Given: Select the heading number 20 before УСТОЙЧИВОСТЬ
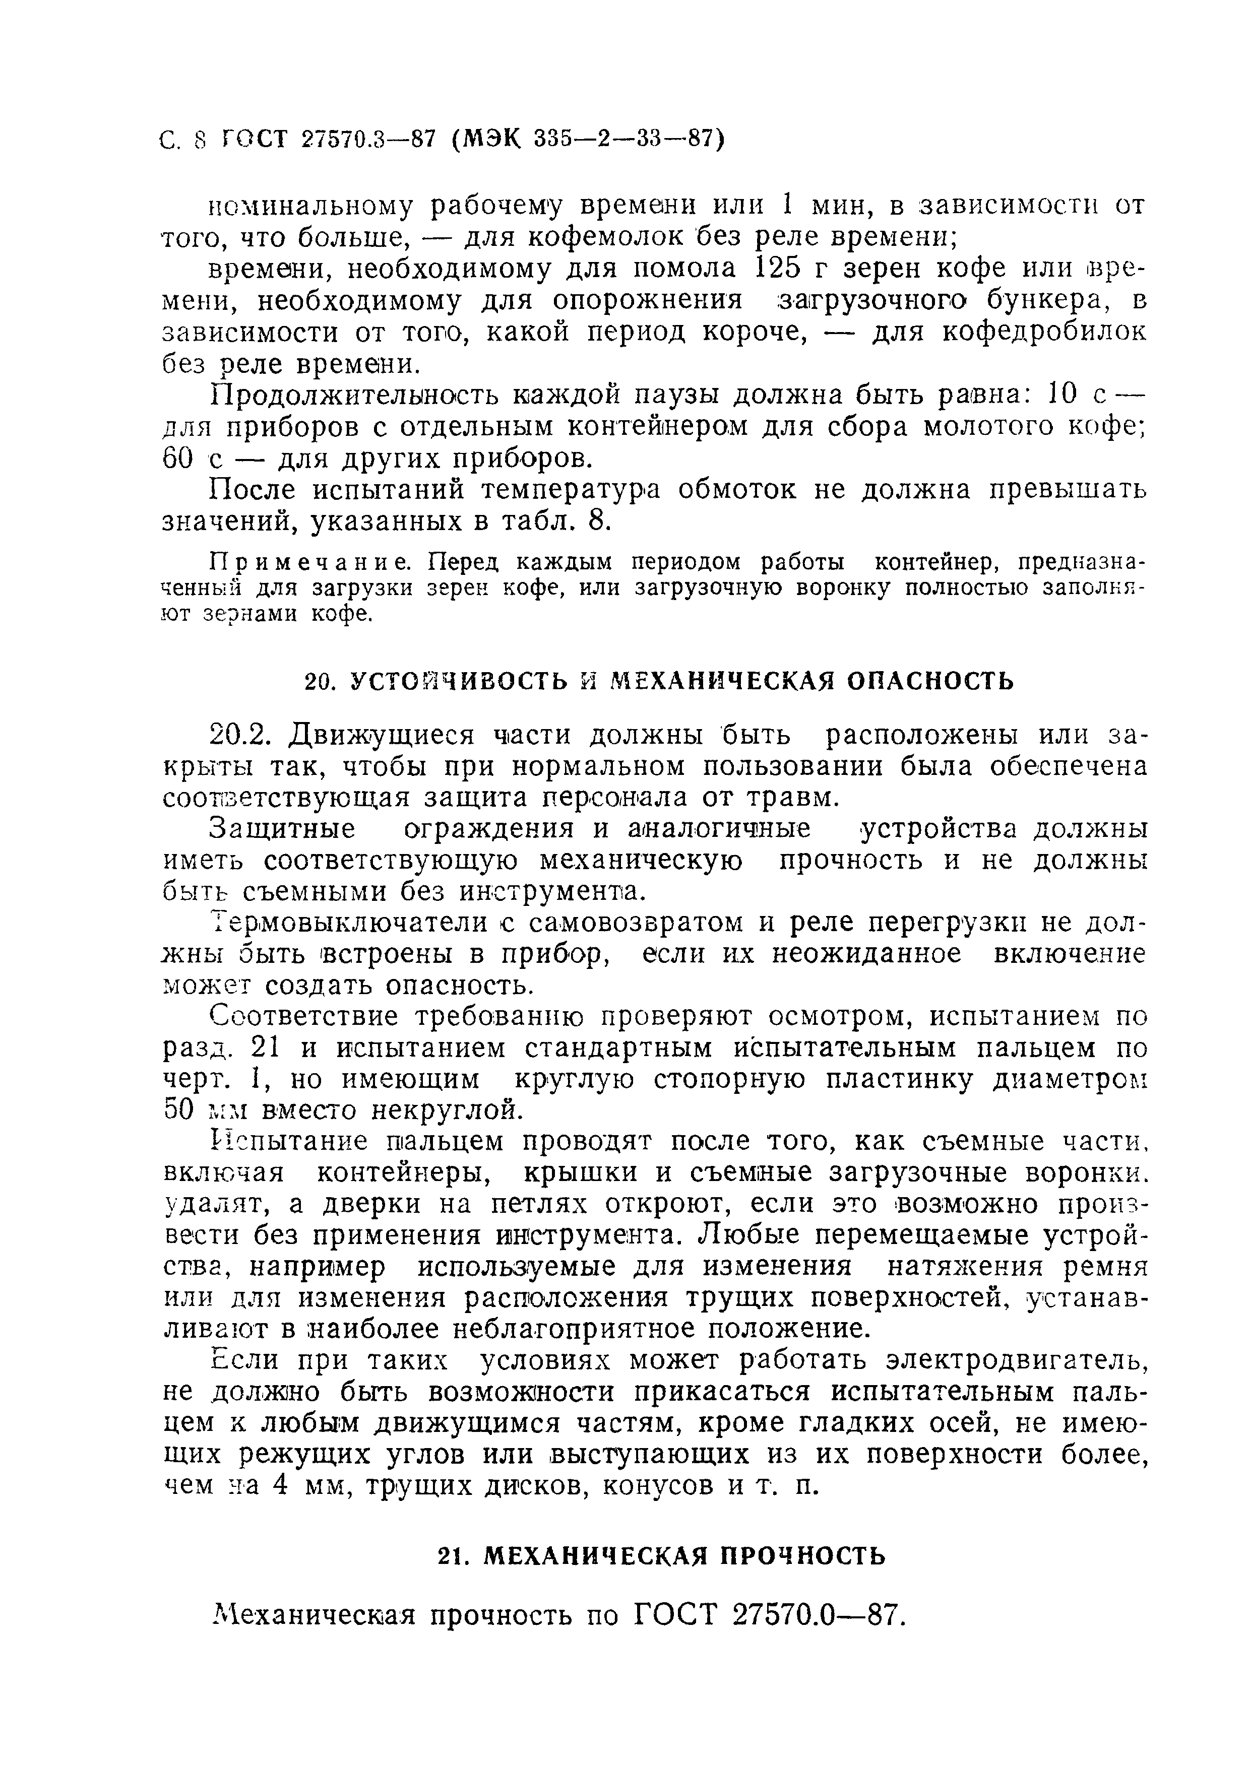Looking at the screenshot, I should pos(318,682).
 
